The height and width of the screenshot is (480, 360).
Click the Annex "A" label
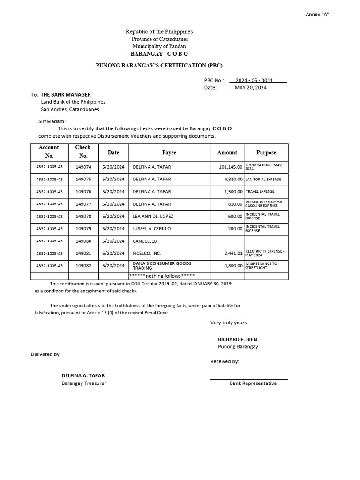[x=317, y=14]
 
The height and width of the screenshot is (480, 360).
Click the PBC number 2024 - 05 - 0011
[x=254, y=80]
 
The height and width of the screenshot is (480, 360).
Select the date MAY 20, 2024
[x=250, y=87]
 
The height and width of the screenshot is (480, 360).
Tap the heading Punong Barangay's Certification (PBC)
[x=159, y=65]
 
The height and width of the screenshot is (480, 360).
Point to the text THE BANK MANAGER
[x=66, y=95]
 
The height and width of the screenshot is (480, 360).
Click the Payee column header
[x=169, y=152]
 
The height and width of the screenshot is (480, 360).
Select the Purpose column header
[x=266, y=152]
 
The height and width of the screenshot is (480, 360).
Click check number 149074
[x=83, y=167]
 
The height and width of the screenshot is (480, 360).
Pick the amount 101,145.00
[x=231, y=167]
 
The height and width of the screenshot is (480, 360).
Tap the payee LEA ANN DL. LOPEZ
[x=153, y=216]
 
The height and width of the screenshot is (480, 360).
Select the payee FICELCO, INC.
[x=147, y=253]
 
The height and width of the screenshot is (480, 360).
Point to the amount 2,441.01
[x=233, y=253]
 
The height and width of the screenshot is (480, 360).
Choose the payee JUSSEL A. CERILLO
[x=152, y=229]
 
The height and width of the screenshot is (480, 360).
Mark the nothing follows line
[x=162, y=276]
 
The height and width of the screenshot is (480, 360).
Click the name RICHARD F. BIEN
[x=237, y=339]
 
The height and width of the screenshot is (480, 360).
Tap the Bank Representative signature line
[x=248, y=379]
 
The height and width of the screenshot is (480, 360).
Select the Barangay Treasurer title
[x=84, y=383]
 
